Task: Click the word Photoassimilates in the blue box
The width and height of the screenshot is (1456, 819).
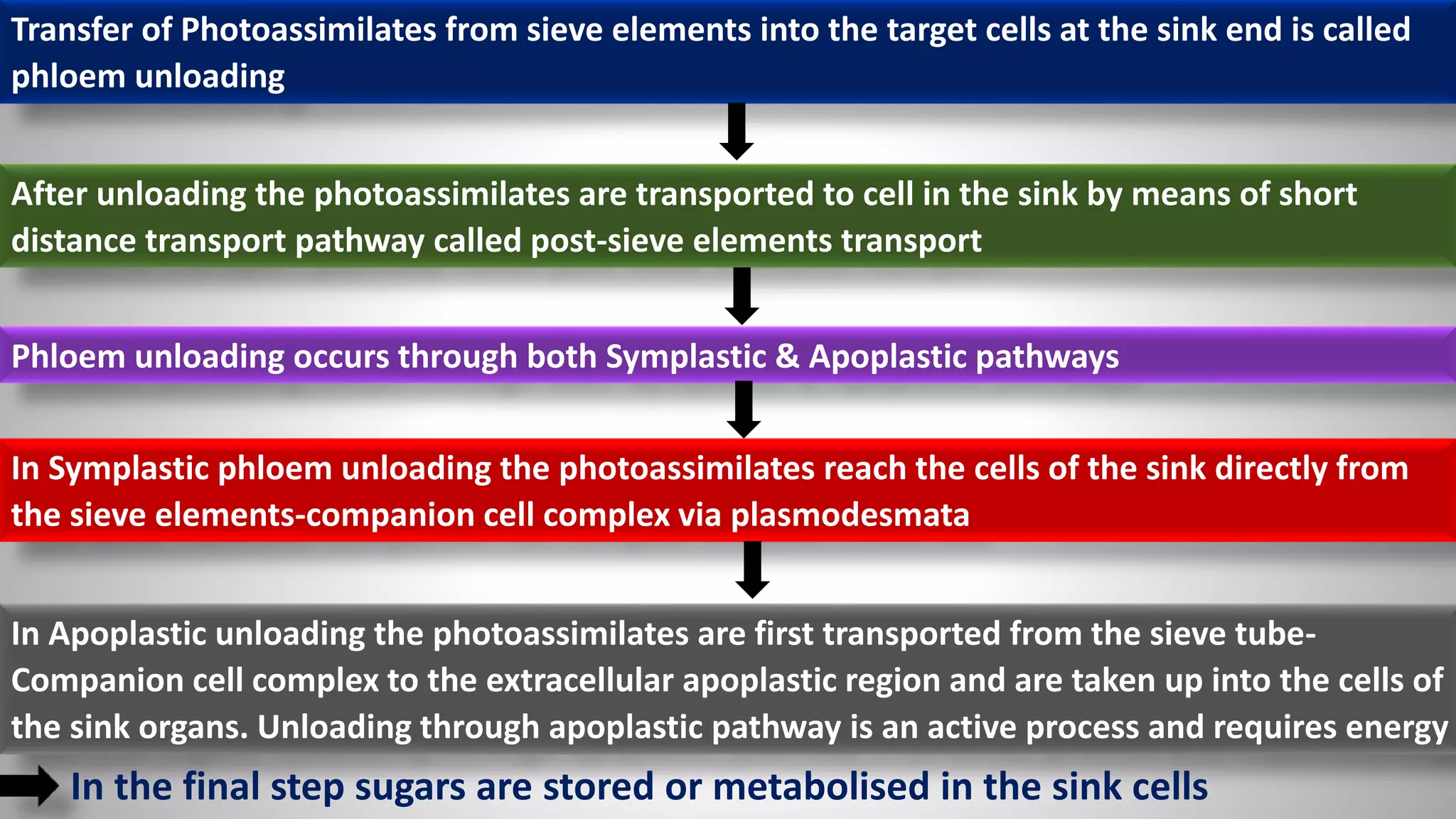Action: [x=308, y=31]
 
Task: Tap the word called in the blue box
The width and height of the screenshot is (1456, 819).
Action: [x=1366, y=31]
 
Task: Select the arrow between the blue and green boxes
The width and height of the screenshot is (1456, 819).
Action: [x=737, y=132]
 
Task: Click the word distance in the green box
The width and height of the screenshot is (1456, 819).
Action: [x=74, y=241]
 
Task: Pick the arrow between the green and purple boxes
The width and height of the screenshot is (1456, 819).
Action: [x=742, y=296]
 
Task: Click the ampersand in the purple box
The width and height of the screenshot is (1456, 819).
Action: [x=787, y=357]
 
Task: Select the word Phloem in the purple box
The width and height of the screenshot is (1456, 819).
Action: [x=68, y=357]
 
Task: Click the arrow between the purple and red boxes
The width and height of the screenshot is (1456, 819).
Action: [x=744, y=409]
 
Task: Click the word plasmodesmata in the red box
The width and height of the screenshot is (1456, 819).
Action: [x=850, y=515]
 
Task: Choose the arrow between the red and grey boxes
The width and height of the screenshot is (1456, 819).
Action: [x=752, y=569]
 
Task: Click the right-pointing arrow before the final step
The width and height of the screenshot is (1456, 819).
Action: [x=30, y=786]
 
